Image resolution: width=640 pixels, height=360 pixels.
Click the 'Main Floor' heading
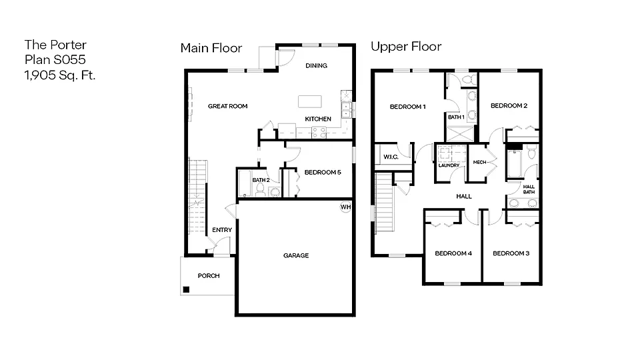(211, 47)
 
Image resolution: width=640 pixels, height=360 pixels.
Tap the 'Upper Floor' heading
(406, 47)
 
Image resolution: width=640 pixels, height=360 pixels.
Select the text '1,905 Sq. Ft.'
(60, 75)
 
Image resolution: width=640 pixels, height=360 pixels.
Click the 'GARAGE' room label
(295, 255)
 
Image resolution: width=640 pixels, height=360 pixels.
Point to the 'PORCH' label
(208, 275)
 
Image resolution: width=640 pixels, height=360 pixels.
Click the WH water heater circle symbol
(345, 207)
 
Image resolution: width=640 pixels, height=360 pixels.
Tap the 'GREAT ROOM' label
(227, 106)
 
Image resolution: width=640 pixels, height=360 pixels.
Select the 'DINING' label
(316, 65)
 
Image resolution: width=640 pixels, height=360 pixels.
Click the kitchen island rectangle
(309, 101)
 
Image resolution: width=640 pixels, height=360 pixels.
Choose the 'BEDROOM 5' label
(323, 173)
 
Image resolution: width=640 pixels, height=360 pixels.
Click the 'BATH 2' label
(261, 180)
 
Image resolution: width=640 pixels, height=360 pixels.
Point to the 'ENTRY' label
(222, 230)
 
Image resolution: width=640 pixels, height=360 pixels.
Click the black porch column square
(187, 289)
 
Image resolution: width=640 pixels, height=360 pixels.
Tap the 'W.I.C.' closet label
(391, 157)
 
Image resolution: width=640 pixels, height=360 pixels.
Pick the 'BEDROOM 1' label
(407, 107)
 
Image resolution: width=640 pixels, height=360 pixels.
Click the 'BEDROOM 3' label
(511, 253)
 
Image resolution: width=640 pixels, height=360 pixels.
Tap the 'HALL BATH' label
(529, 189)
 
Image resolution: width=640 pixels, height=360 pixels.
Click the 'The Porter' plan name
(55, 45)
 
